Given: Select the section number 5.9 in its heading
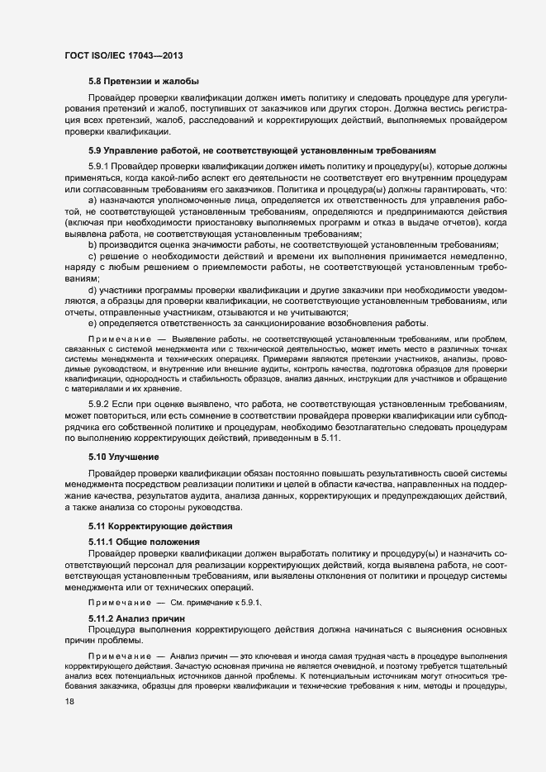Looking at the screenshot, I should (x=95, y=151).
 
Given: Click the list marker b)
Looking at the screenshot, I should (x=93, y=245).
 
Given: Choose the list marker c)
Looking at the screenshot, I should (x=93, y=256).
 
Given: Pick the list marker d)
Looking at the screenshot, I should (x=93, y=290).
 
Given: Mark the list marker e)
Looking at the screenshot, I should (x=93, y=323).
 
